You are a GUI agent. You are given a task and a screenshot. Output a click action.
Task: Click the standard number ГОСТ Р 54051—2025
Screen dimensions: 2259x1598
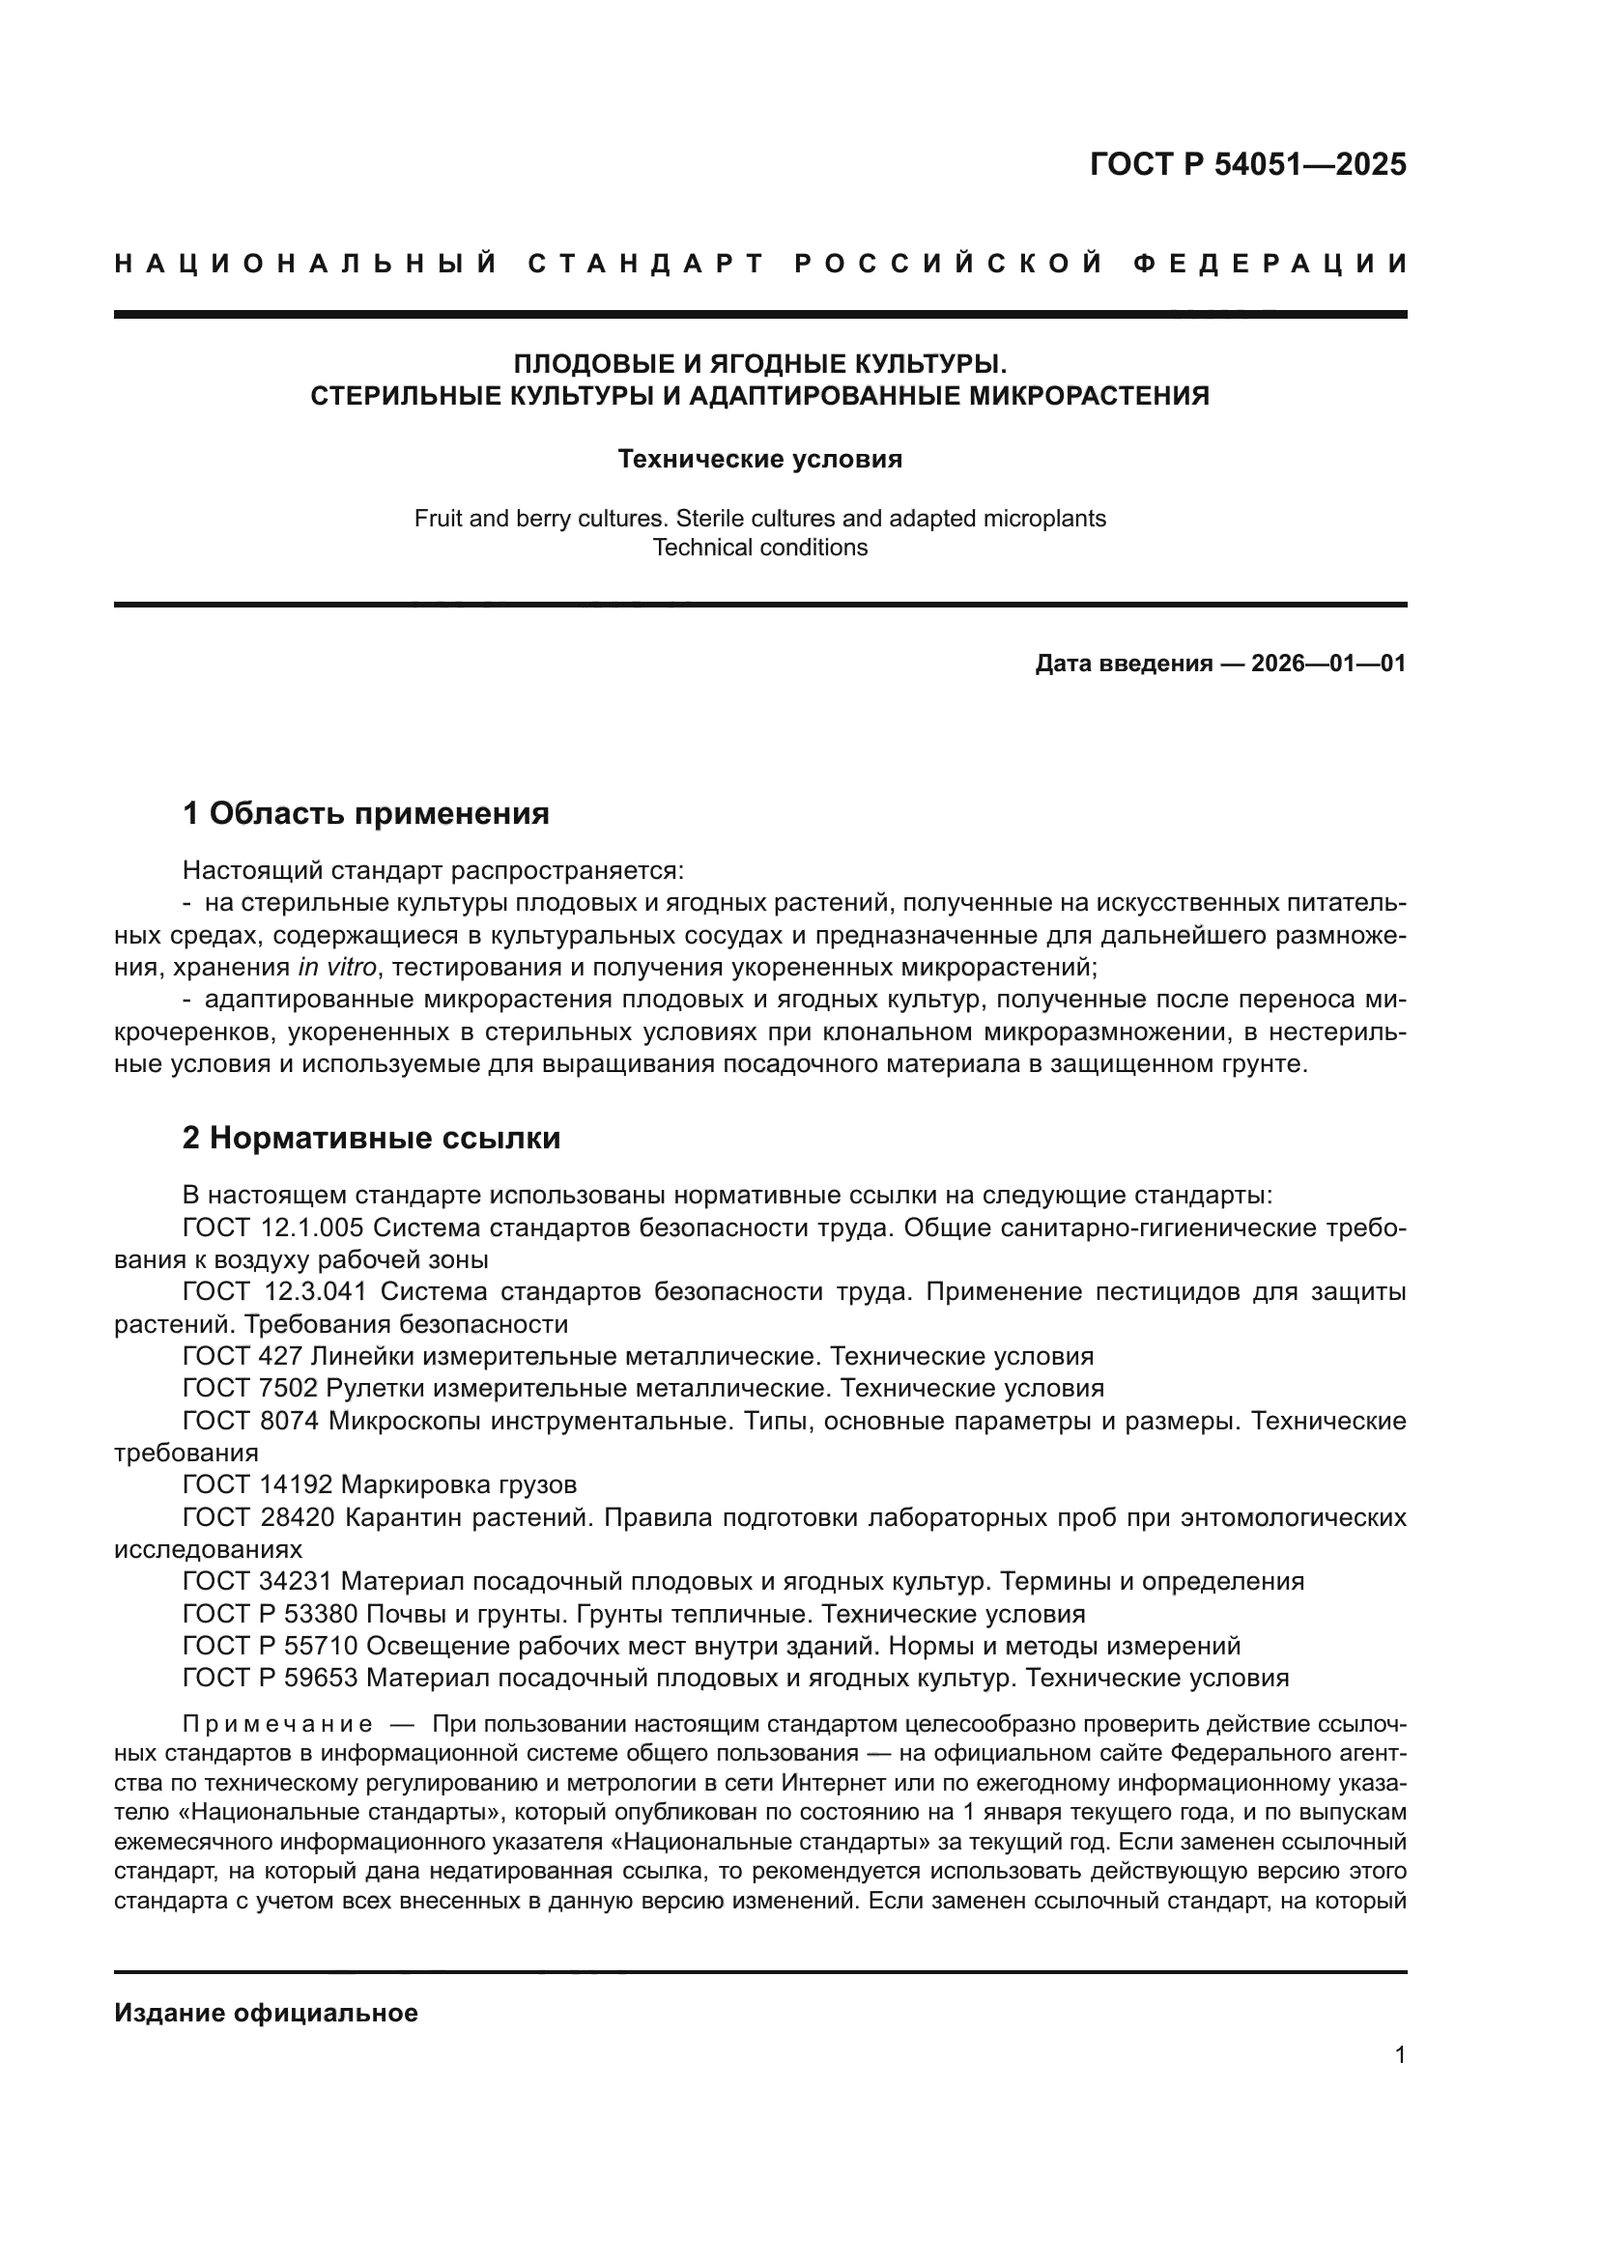(1247, 164)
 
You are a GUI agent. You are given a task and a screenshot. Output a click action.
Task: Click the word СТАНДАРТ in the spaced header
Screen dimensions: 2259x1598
(646, 264)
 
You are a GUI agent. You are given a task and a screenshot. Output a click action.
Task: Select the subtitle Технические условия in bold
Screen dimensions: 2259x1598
(759, 460)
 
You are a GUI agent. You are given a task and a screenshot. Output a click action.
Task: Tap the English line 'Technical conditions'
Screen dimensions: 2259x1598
(759, 548)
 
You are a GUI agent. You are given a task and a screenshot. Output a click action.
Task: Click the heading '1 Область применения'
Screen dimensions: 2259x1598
(365, 813)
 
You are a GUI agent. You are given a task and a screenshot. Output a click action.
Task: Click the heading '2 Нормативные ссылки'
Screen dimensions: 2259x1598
(371, 1139)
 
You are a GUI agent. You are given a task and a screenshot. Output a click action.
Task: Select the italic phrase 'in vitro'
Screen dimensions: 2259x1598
(336, 967)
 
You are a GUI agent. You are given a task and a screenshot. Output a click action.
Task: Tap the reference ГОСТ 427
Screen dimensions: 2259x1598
(243, 1357)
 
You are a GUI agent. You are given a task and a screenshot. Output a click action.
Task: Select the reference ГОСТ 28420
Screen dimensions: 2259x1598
(258, 1517)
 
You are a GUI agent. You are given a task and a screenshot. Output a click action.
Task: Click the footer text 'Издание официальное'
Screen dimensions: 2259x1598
(266, 2013)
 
